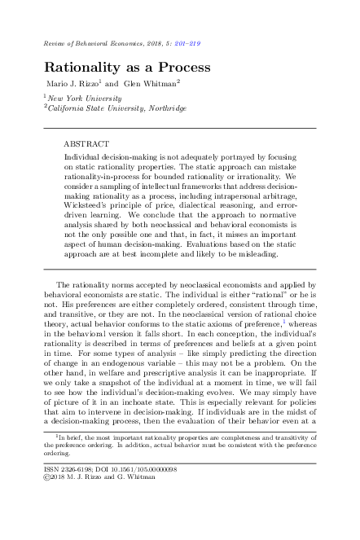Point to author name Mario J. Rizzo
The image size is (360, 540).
pos(69,84)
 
